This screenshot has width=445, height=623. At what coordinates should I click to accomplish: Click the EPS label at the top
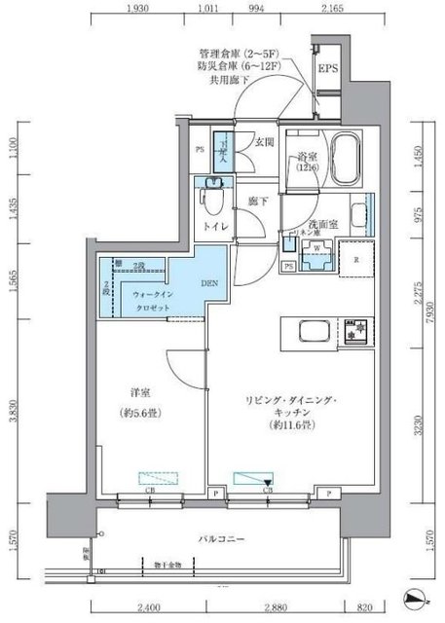tap(326, 70)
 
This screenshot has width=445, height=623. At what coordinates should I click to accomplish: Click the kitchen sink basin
tap(314, 334)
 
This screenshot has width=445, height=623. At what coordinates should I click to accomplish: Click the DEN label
tap(208, 283)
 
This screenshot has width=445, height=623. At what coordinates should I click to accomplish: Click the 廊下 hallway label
tap(257, 200)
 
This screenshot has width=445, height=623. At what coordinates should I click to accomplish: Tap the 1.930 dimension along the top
tap(137, 9)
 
